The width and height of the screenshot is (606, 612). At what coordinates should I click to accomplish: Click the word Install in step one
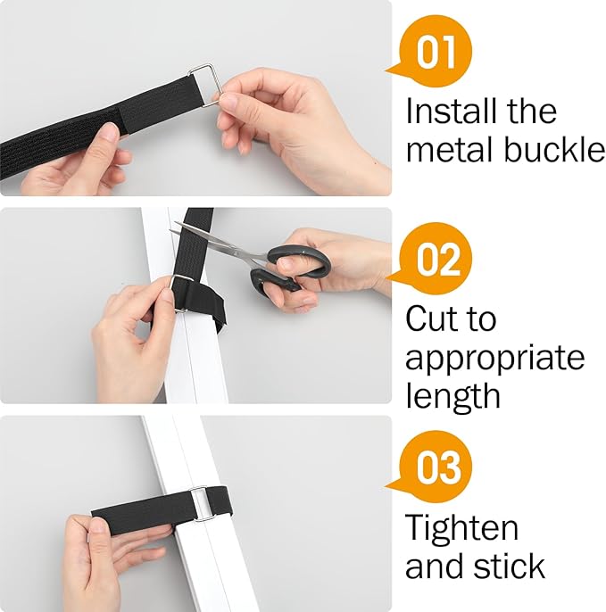click(447, 112)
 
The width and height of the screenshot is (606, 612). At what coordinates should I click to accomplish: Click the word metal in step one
click(449, 150)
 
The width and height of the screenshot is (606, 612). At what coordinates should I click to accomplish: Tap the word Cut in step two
click(436, 318)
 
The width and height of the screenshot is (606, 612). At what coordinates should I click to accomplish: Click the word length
click(453, 395)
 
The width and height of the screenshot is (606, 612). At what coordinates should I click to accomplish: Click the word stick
click(512, 566)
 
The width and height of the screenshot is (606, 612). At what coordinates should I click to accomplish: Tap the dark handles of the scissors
click(291, 264)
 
